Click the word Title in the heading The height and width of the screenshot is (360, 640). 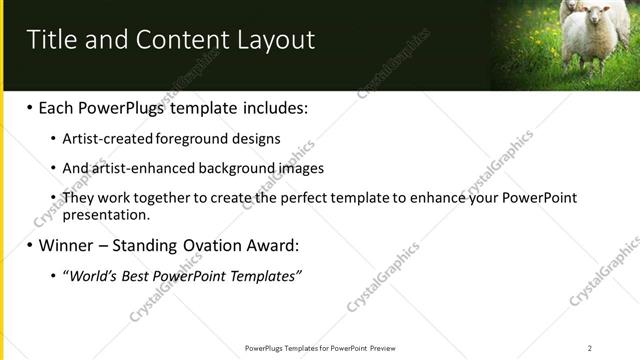click(52, 40)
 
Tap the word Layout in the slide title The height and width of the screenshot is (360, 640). click(275, 40)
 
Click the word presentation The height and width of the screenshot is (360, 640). click(106, 214)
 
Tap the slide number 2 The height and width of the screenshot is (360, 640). click(590, 348)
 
